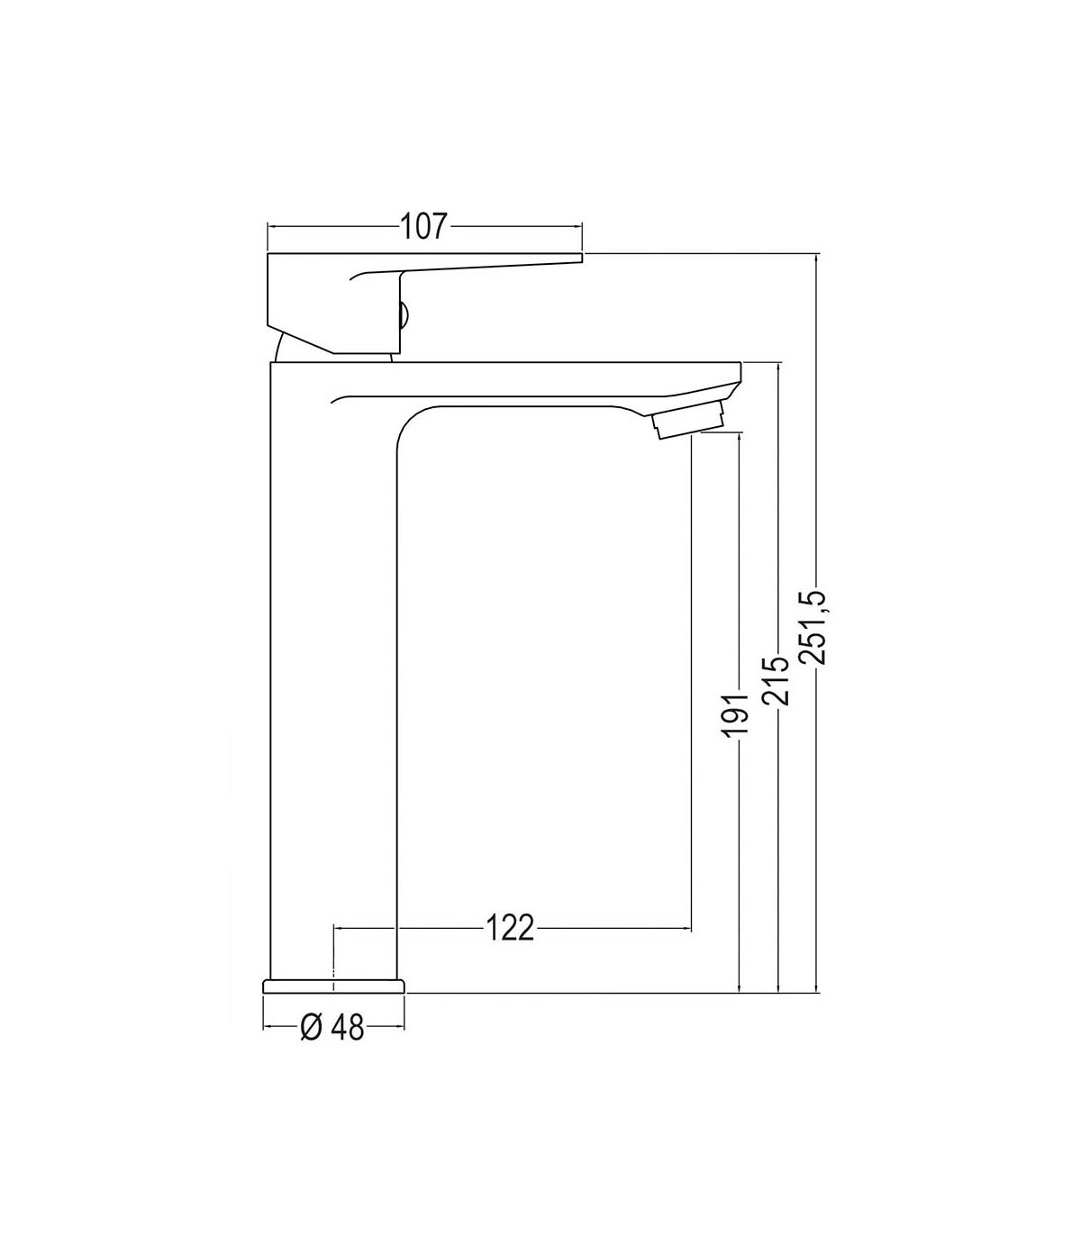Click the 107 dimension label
coord(423,226)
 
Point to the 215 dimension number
coord(776,681)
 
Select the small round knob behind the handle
coord(404,315)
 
